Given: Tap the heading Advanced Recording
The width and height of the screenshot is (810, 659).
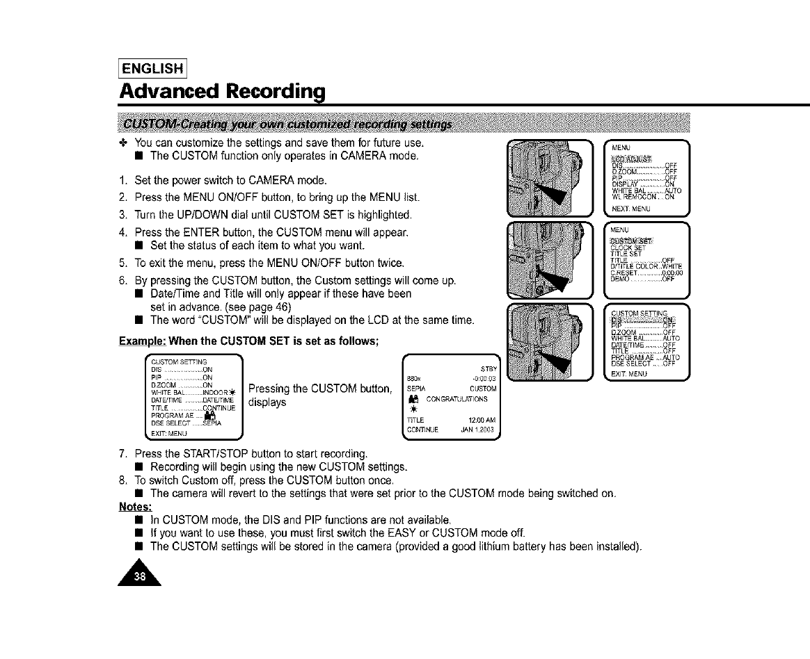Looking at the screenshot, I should [223, 92].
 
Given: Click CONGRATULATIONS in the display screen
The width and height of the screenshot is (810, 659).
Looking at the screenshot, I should [457, 399].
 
